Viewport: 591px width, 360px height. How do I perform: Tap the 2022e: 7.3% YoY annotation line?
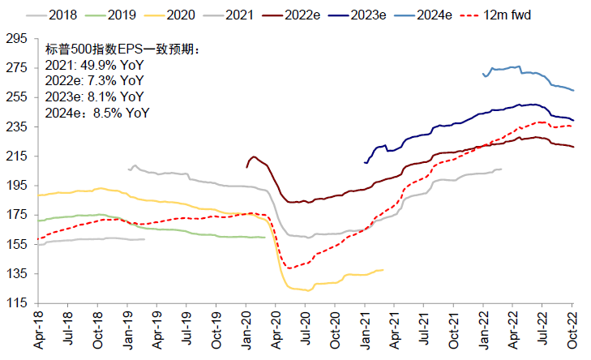pos(95,82)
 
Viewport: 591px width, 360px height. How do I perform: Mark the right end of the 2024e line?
pos(574,90)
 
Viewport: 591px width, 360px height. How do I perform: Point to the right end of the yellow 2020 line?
pos(383,269)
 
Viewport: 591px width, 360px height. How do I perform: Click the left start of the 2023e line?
pos(365,163)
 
